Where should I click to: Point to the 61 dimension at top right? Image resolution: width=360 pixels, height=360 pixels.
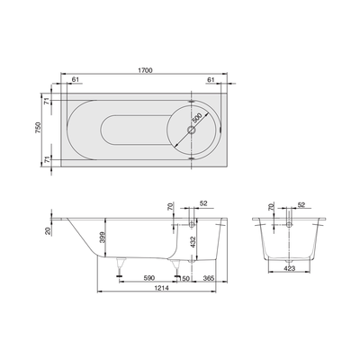point(211,80)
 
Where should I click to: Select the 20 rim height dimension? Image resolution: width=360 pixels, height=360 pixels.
point(48,229)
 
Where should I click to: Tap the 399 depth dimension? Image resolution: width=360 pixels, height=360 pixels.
point(103,237)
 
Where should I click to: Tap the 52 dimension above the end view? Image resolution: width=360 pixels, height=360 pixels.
point(300,203)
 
